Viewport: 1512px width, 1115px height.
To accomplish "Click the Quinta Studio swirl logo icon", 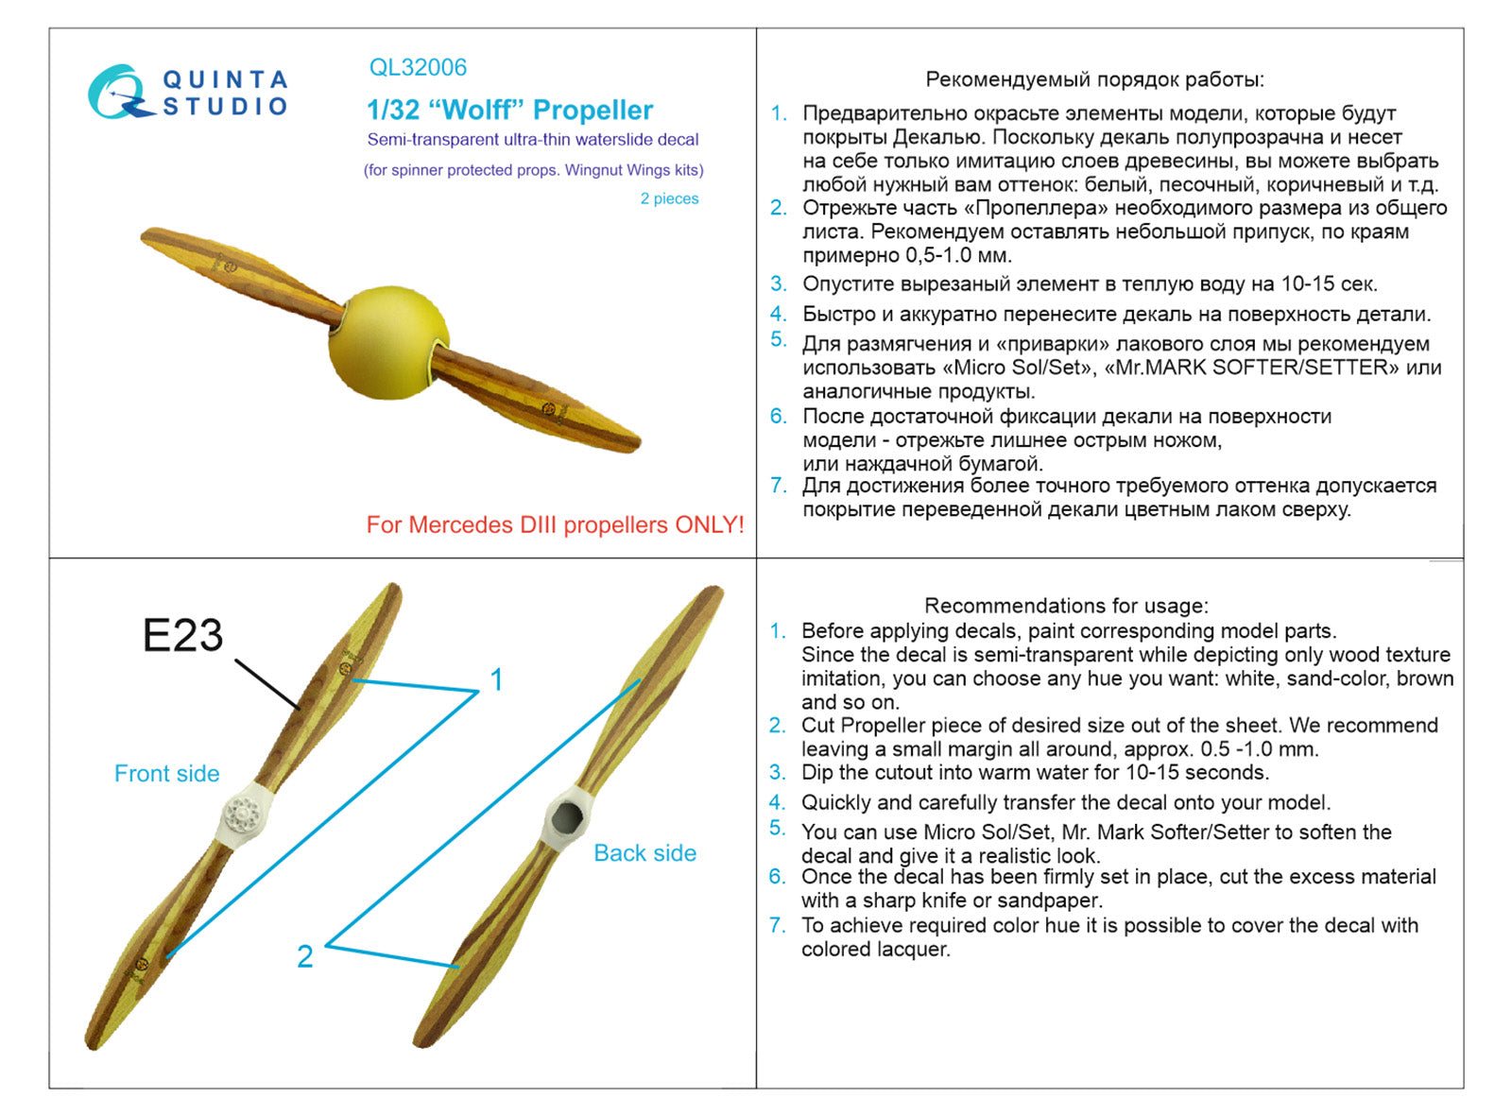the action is (119, 93).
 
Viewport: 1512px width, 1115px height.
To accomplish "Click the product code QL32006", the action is (418, 68).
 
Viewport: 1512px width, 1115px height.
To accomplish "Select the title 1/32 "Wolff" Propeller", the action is (509, 111).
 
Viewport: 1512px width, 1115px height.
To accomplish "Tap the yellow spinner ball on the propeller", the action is (387, 342).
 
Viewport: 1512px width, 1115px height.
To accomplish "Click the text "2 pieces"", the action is (669, 198).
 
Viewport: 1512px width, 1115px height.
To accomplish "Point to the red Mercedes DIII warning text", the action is (555, 525).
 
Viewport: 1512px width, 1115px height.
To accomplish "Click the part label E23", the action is (182, 635).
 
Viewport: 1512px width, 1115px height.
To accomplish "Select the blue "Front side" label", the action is (166, 774).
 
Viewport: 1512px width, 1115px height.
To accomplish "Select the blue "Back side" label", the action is (644, 853).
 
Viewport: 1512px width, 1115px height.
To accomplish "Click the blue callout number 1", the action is (497, 679).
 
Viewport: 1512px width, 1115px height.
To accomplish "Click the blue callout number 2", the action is (304, 956).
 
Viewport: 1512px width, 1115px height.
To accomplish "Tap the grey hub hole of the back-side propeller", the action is (567, 815).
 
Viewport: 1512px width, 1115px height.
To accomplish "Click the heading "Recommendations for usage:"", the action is (1066, 606).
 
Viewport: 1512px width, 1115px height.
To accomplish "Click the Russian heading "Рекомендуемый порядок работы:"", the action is (1094, 79).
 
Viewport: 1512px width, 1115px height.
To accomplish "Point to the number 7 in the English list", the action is (777, 925).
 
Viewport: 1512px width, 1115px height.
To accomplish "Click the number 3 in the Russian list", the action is (778, 283).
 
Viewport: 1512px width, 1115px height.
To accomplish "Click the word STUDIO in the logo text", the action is (225, 106).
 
